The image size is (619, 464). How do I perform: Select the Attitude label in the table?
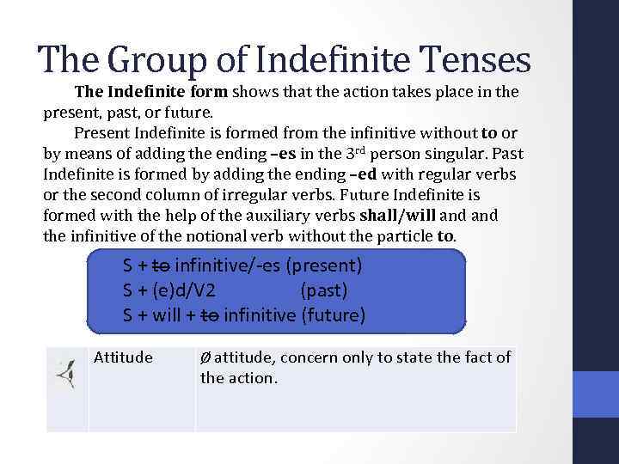point(123,357)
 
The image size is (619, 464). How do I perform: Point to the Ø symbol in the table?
point(205,357)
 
